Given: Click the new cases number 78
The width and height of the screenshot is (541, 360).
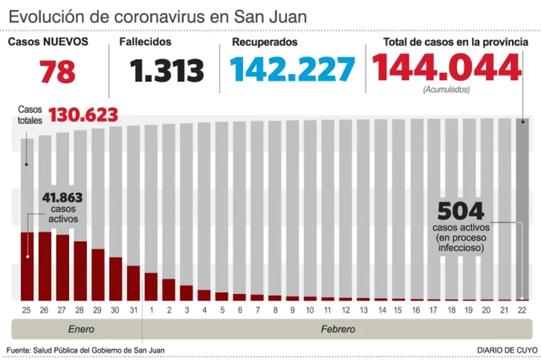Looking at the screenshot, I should pyautogui.click(x=57, y=71).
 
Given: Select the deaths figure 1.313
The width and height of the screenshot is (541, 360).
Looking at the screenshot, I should pyautogui.click(x=167, y=71).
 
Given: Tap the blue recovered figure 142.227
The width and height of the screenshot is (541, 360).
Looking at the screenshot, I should pyautogui.click(x=292, y=70).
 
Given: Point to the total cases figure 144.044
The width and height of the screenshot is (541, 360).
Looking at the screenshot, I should pyautogui.click(x=446, y=68).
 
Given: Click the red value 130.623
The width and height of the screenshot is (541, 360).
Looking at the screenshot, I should pyautogui.click(x=83, y=115).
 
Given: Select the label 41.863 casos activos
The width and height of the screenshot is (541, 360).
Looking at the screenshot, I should pyautogui.click(x=62, y=207).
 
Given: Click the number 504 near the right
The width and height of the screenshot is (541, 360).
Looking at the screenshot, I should pyautogui.click(x=460, y=211).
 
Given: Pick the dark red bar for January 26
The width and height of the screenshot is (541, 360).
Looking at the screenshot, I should pyautogui.click(x=45, y=265).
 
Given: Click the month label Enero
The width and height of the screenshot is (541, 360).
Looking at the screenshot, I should pyautogui.click(x=81, y=329).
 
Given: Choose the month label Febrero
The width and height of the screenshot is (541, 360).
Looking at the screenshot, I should pyautogui.click(x=338, y=329).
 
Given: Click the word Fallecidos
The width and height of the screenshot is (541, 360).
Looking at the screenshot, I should pyautogui.click(x=146, y=42).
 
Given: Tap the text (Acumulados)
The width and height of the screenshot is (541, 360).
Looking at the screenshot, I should pyautogui.click(x=446, y=89).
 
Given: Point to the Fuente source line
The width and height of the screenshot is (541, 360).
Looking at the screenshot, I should pyautogui.click(x=85, y=350).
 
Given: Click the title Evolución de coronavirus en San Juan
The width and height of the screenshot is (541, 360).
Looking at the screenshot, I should pyautogui.click(x=157, y=16).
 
